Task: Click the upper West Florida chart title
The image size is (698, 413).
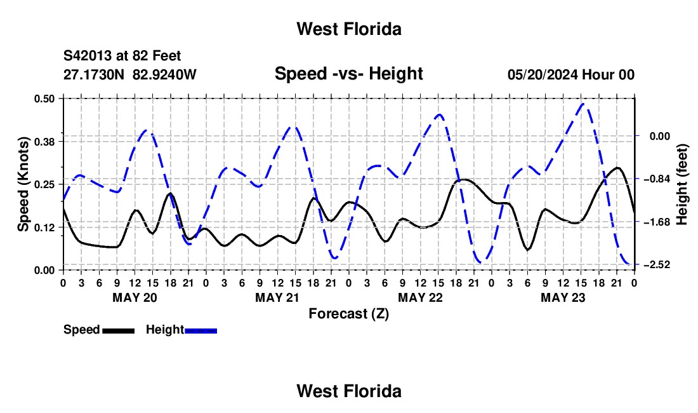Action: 349,29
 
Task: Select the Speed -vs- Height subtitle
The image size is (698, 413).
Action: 348,74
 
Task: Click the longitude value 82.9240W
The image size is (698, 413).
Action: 164,74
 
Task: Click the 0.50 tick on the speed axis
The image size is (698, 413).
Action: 44,98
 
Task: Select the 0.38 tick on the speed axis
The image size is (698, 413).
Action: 44,142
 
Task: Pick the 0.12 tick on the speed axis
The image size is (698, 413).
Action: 44,227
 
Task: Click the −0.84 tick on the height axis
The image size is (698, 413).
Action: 657,179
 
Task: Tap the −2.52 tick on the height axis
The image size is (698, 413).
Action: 657,265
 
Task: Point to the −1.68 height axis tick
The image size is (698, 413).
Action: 657,222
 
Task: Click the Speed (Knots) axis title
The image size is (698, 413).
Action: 23,184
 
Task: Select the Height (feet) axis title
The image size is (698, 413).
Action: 682,184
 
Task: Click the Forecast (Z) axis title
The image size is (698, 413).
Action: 348,314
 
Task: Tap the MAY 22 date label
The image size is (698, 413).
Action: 420,297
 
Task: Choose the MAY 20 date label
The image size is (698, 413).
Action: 135,297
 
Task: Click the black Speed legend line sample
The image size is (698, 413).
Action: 119,330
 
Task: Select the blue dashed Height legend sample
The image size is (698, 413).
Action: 201,330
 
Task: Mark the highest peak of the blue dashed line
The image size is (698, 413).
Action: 583,104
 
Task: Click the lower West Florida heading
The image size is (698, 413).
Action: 349,391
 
